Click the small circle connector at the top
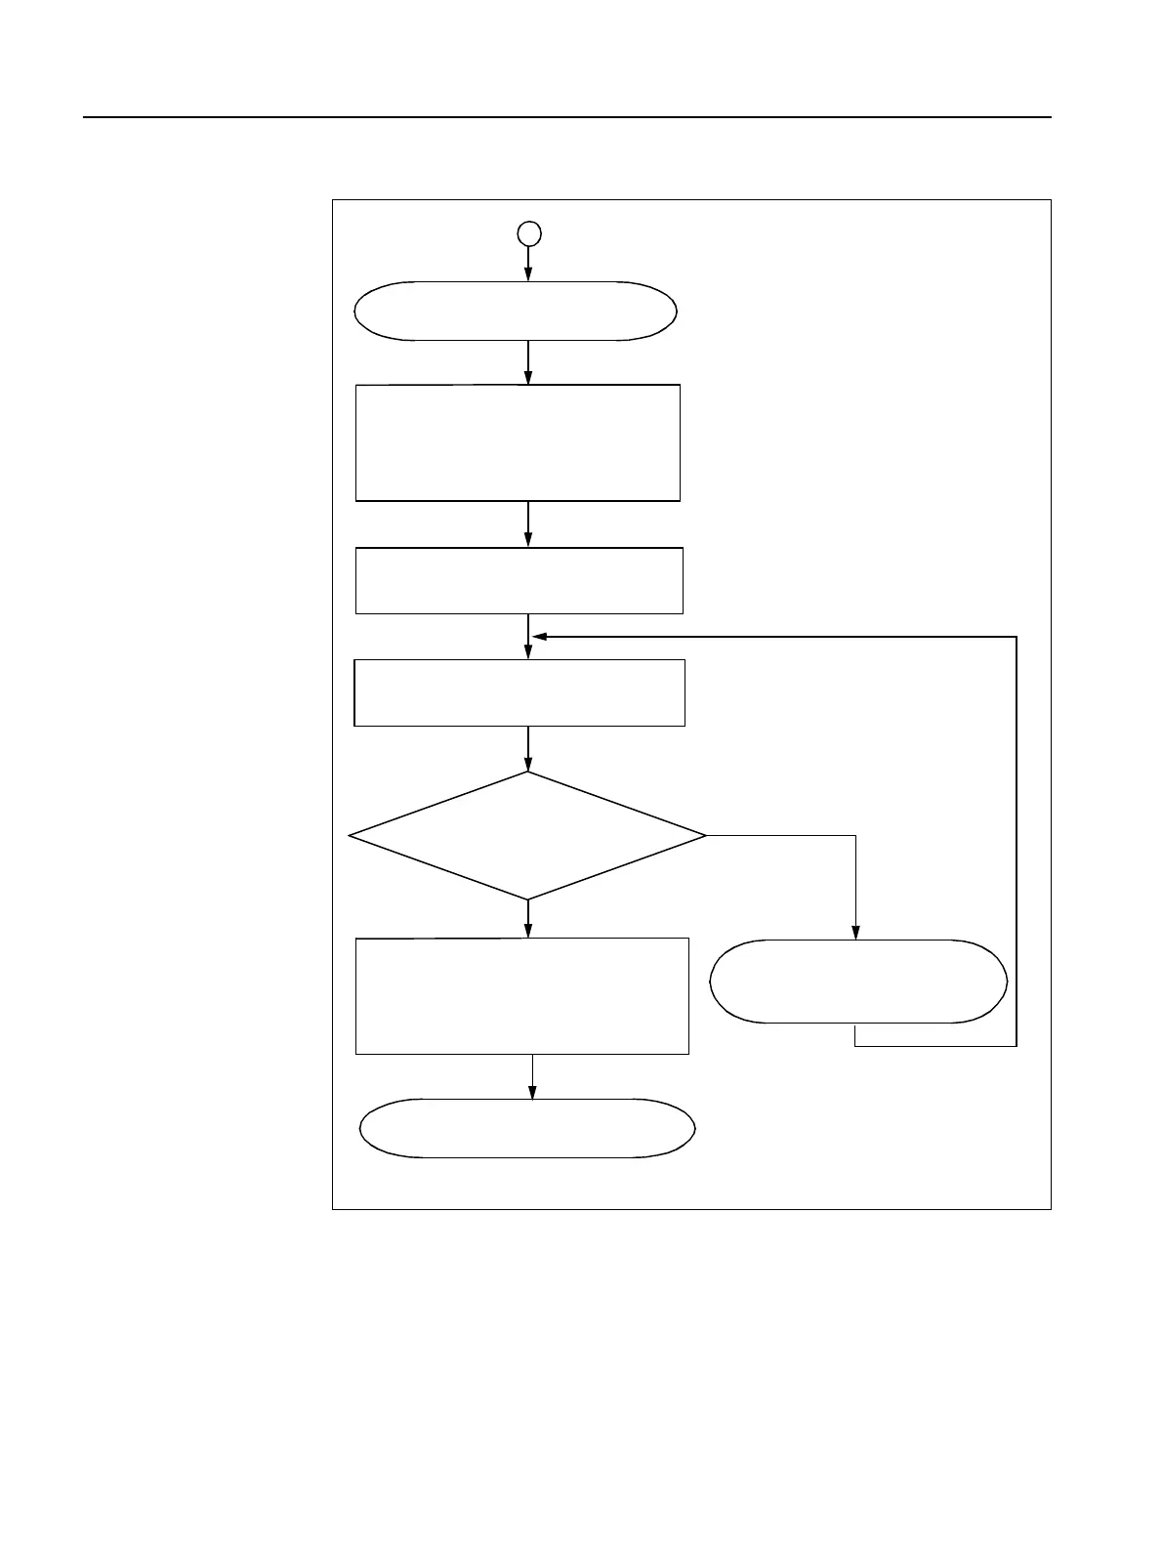coord(528,233)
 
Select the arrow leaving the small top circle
coord(528,262)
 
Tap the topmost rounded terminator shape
coord(515,312)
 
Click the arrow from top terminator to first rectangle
coord(528,361)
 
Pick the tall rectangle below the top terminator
coord(518,442)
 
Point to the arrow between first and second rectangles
coord(528,523)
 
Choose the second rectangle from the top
coord(519,580)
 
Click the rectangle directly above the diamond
coord(519,692)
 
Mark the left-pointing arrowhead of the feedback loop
coord(539,637)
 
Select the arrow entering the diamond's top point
coord(528,748)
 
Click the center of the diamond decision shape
coord(527,836)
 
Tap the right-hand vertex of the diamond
coord(704,836)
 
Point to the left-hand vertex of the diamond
coord(351,836)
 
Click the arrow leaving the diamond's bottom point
coord(528,918)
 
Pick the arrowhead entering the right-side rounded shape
coord(856,934)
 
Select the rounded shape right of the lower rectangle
coord(857,982)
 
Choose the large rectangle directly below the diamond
coord(521,996)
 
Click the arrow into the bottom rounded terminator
coord(533,1076)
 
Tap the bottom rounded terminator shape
coord(527,1128)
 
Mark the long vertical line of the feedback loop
coord(1017,840)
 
